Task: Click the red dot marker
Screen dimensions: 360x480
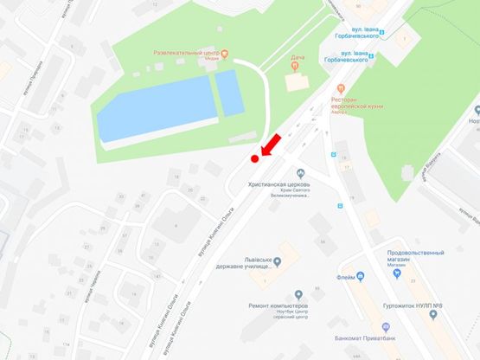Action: [x=254, y=158]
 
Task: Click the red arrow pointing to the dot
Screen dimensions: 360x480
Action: [x=270, y=145]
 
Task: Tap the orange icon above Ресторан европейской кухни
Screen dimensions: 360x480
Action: [x=342, y=87]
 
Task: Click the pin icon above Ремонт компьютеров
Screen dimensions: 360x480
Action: [x=298, y=295]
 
